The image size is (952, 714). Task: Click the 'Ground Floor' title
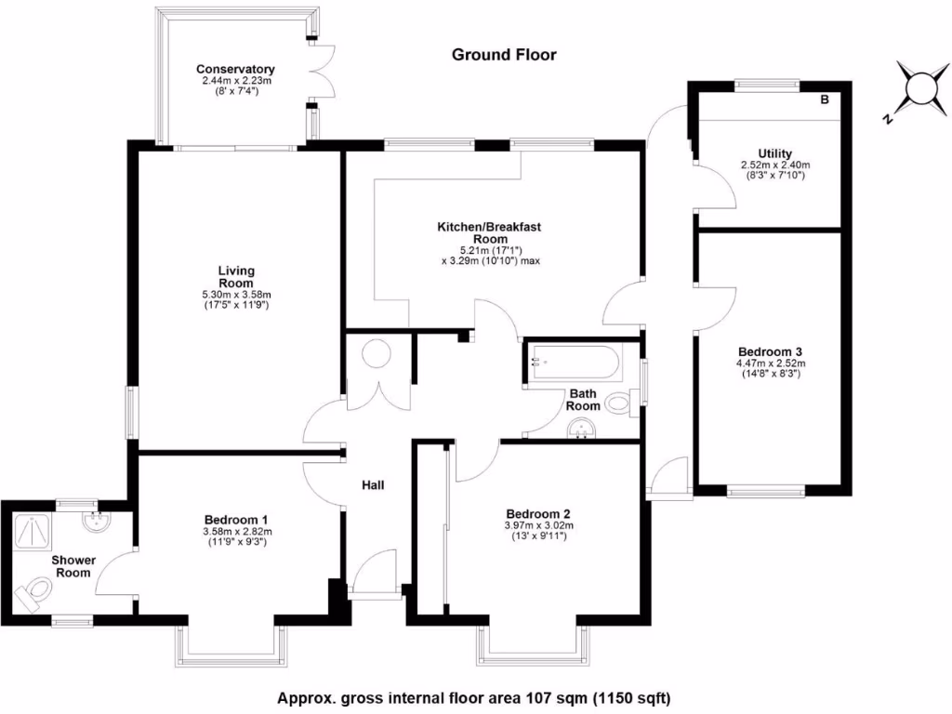504,55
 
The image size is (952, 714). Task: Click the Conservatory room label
235,70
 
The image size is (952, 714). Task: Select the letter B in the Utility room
824,100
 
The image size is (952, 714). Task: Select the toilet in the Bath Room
621,403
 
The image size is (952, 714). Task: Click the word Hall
373,484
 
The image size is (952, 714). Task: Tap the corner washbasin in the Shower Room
96,519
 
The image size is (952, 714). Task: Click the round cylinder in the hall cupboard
379,356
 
